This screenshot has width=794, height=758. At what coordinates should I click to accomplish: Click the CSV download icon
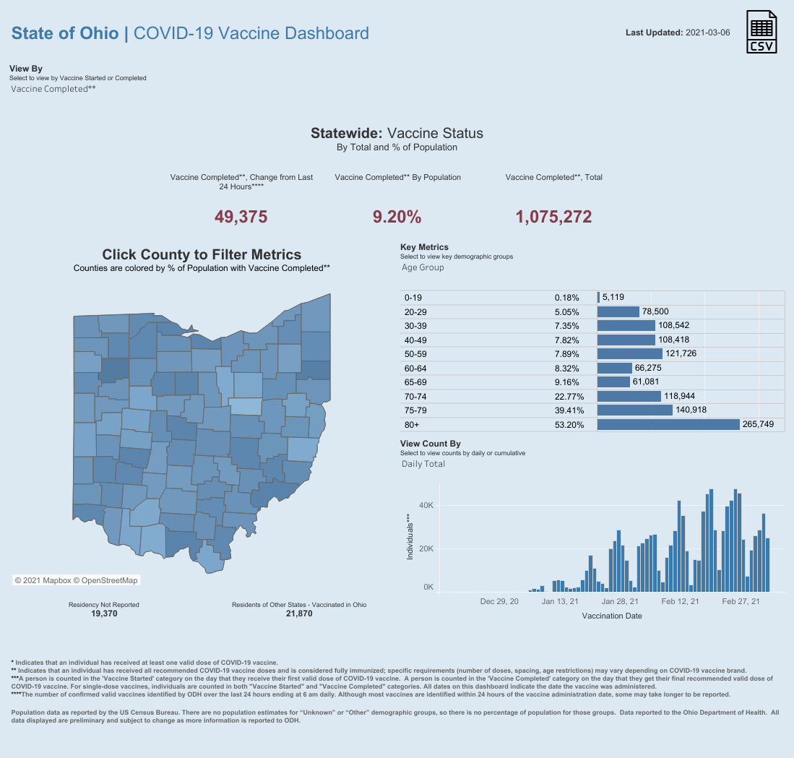click(762, 33)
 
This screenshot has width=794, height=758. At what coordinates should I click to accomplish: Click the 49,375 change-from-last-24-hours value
click(241, 217)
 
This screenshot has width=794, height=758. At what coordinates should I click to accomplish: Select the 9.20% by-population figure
click(397, 217)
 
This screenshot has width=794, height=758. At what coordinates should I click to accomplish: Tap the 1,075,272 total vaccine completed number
click(554, 217)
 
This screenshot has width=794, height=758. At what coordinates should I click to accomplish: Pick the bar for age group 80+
click(668, 425)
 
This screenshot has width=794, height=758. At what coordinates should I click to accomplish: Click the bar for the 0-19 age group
click(598, 297)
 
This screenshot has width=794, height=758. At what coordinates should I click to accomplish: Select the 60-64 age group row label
click(417, 368)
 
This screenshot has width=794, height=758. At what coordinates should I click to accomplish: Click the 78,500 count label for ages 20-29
click(655, 311)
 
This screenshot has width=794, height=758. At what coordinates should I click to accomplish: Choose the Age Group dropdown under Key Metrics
click(423, 267)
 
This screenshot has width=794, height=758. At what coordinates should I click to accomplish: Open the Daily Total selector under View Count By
click(423, 464)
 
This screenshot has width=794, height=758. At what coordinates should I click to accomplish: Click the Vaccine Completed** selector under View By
click(53, 89)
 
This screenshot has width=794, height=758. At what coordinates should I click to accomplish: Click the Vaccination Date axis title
click(612, 616)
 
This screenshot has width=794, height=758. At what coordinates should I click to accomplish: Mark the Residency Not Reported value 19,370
click(104, 613)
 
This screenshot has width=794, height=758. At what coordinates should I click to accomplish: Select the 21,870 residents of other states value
click(299, 613)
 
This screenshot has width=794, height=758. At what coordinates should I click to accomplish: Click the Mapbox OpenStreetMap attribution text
click(76, 580)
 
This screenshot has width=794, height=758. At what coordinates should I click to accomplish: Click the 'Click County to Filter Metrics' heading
click(202, 254)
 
